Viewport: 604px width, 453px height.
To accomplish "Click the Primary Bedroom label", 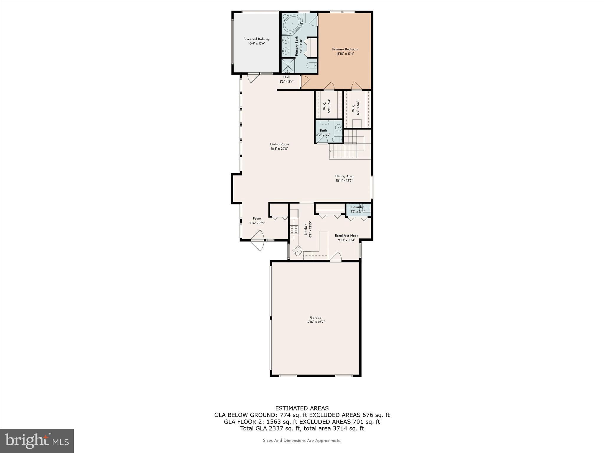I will tap(345, 49).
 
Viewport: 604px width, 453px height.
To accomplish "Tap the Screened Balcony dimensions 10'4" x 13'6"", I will tap(256, 44).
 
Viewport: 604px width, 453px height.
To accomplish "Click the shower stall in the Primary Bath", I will tap(288, 66).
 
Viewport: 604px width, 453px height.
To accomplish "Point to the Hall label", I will tap(286, 77).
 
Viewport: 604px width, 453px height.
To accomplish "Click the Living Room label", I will tap(280, 144).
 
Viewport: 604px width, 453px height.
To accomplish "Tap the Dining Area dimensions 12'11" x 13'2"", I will tap(344, 180).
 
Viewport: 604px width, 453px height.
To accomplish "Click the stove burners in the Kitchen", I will tap(294, 229).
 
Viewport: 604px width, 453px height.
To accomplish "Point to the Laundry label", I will tap(357, 207).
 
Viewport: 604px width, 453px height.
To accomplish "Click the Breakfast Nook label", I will tap(347, 236).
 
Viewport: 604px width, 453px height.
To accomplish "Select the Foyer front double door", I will tap(257, 241).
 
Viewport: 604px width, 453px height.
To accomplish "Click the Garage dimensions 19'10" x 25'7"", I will tap(315, 322).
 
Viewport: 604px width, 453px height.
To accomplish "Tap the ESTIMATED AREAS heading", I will tap(302, 408).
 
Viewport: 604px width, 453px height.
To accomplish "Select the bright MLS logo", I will tap(37, 441).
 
